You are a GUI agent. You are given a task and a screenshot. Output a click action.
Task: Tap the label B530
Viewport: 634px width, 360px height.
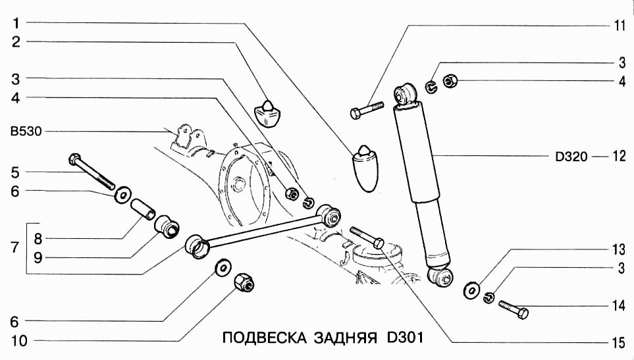click(x=26, y=131)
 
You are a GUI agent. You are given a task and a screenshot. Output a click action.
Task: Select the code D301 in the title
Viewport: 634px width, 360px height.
click(x=402, y=338)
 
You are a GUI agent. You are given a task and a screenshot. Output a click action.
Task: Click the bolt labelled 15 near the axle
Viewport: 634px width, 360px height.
click(x=367, y=238)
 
